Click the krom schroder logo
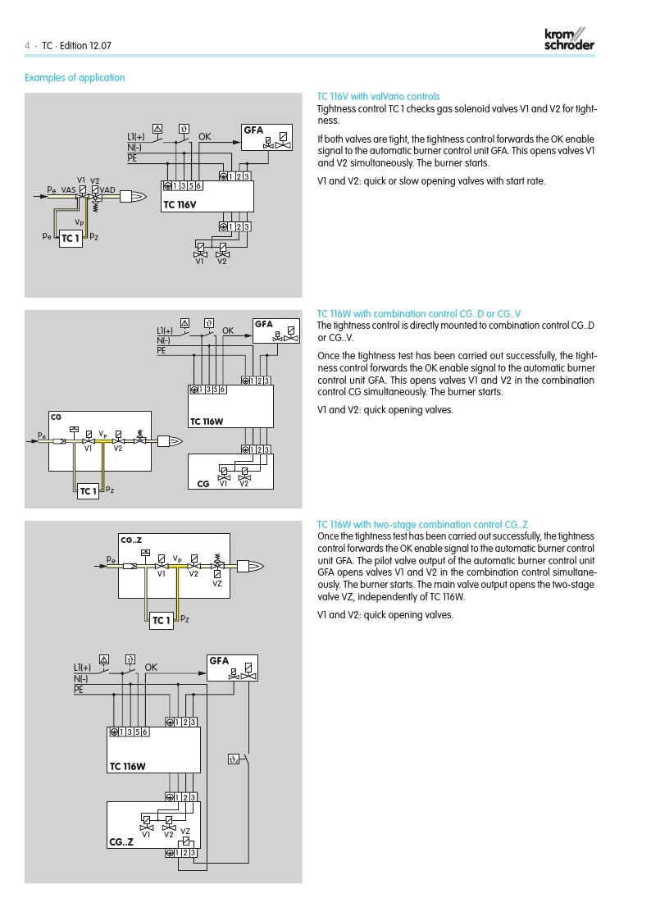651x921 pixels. point(569,39)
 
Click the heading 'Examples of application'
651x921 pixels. point(75,78)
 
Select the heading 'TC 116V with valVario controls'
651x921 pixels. point(378,97)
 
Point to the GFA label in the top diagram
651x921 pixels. point(253,130)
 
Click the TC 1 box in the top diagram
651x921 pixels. point(71,239)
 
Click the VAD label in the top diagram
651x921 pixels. point(107,189)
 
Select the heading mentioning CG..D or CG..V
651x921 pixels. point(419,314)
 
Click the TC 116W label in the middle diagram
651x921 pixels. point(207,422)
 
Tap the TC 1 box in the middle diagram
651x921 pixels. point(88,491)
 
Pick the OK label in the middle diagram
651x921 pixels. point(228,331)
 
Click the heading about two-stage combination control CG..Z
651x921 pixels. point(422,524)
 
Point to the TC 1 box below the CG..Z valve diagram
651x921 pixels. point(162,620)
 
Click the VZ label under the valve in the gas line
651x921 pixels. point(217,583)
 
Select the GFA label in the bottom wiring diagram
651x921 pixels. point(219,660)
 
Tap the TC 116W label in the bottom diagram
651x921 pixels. point(128,766)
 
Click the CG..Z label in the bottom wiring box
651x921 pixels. point(122,841)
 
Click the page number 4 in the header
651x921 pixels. point(27,46)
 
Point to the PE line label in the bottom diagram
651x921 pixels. point(79,690)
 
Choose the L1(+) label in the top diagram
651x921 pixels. point(136,137)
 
